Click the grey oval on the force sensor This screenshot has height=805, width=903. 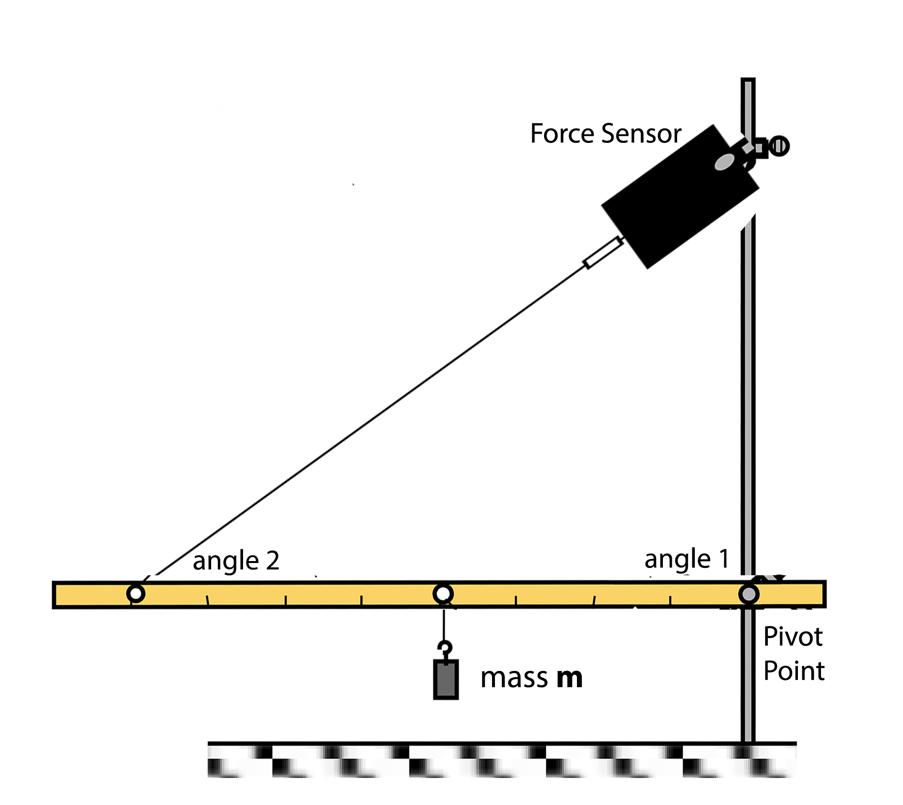coord(724,161)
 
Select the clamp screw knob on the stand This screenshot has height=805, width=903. coord(779,146)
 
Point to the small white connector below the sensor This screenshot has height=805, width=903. coord(603,252)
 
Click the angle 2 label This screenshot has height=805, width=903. coord(236,561)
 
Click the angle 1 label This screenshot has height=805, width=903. coord(686,559)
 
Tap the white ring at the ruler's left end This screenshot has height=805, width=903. coord(136,593)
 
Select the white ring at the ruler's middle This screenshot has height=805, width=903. coord(443,594)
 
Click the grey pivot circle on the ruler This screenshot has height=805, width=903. coord(748,594)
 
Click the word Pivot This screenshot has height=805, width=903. coord(793,637)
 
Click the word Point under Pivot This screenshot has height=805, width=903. coord(794,671)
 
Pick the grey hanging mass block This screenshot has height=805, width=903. coord(445,679)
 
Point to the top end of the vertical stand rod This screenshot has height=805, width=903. coord(748,81)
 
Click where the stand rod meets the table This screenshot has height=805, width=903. coord(748,742)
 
